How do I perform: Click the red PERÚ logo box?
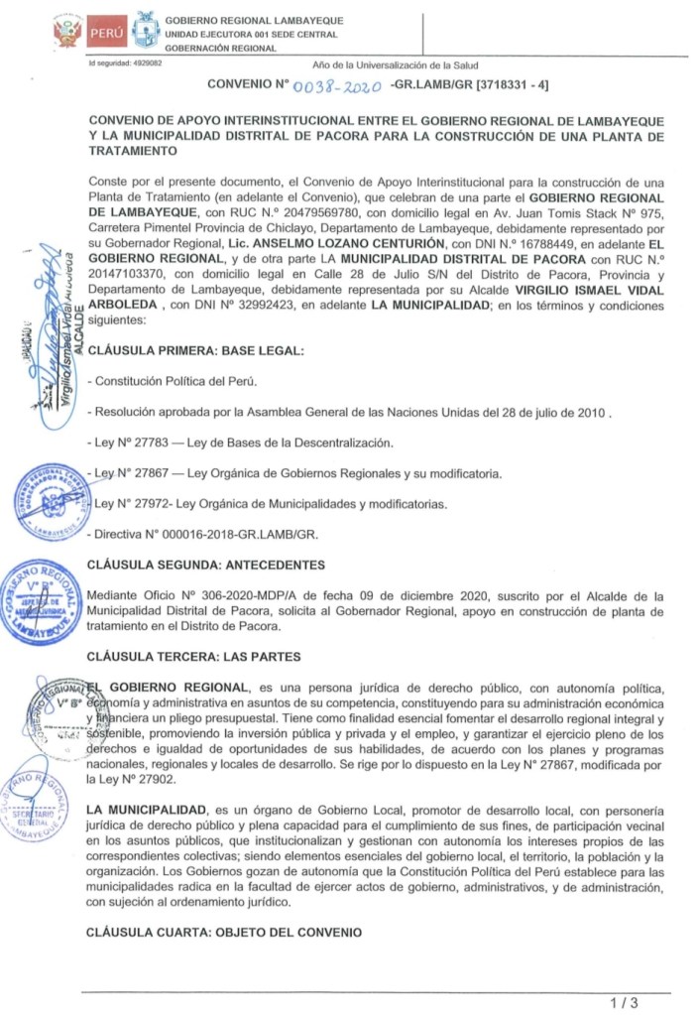[x=107, y=33]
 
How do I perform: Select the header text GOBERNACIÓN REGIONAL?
[x=220, y=47]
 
